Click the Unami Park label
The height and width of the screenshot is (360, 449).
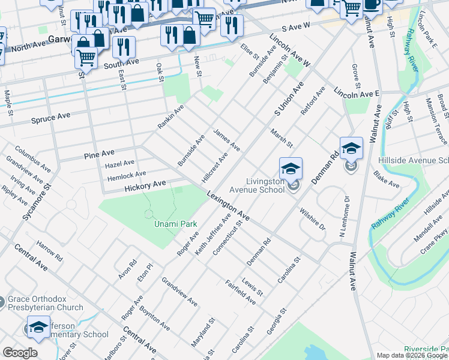point(176,224)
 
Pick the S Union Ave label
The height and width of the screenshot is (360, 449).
point(286,100)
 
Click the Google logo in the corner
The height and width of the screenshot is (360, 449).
point(20,353)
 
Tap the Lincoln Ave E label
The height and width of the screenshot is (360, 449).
point(357,94)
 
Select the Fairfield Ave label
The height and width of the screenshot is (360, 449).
point(240,292)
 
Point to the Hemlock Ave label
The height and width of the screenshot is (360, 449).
point(126,174)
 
